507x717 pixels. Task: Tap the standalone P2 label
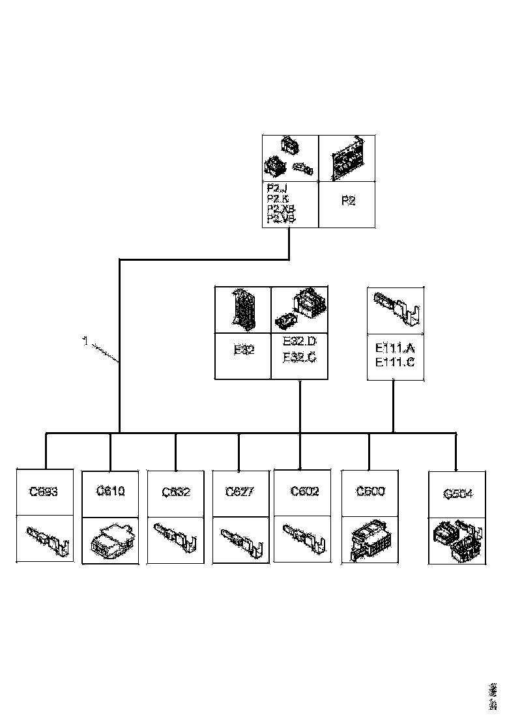click(x=349, y=201)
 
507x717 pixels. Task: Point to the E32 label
click(x=244, y=349)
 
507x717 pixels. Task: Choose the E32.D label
click(x=300, y=342)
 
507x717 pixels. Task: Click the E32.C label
click(x=300, y=357)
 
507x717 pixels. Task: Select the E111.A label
click(x=396, y=349)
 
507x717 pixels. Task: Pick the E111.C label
click(x=396, y=363)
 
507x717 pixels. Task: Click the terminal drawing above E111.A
click(x=396, y=309)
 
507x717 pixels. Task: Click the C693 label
click(x=44, y=492)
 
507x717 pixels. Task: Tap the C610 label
click(x=110, y=491)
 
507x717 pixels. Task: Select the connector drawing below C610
click(x=110, y=540)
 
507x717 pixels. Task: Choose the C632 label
click(x=176, y=492)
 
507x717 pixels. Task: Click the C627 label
click(x=239, y=491)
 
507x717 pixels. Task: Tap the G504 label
click(x=457, y=495)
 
